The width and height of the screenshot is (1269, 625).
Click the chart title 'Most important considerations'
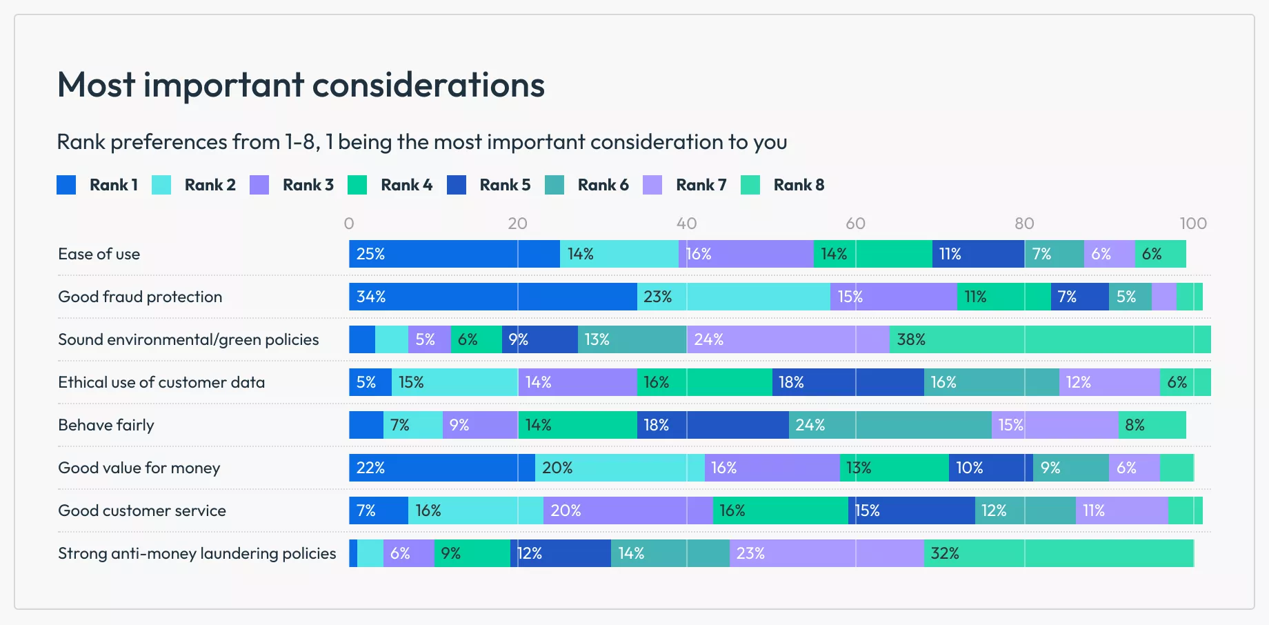(301, 85)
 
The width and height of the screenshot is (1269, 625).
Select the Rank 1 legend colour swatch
(66, 185)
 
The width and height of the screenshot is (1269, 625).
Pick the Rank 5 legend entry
(489, 185)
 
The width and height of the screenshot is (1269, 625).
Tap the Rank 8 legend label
(799, 185)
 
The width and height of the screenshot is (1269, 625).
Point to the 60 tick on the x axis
(855, 224)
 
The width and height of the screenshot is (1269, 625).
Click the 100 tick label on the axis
(1192, 224)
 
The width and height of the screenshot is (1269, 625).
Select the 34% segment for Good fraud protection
(492, 297)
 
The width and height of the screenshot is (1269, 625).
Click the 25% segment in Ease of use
(454, 254)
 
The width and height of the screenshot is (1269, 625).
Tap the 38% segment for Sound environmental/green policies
(1050, 339)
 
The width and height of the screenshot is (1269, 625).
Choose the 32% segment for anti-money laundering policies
(1058, 553)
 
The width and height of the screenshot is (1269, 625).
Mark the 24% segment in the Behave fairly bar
(890, 425)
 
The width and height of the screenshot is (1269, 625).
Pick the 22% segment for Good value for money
(441, 468)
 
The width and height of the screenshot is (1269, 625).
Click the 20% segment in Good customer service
(628, 510)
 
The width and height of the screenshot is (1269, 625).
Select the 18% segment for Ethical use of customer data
(848, 382)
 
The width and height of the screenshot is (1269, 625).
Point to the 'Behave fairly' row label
(106, 425)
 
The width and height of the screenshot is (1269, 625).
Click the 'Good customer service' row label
(142, 510)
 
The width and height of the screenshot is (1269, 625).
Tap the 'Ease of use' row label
(99, 254)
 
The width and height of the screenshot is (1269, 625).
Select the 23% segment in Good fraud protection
(733, 297)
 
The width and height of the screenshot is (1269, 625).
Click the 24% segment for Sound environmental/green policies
(788, 339)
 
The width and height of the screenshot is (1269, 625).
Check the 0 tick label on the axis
(349, 224)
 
